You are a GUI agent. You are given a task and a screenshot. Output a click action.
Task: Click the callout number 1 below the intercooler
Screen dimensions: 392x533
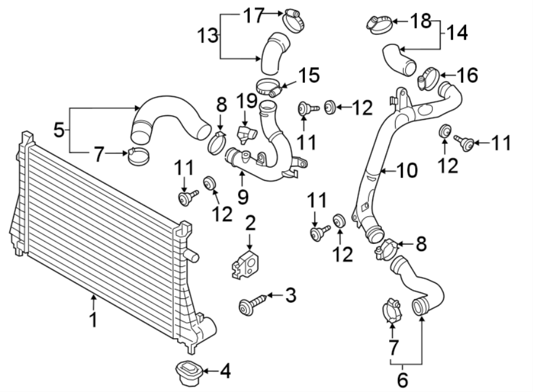[92, 320]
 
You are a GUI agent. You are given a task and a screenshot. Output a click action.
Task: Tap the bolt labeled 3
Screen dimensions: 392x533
[248, 304]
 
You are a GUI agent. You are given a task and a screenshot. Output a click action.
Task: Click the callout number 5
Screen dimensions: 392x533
[59, 129]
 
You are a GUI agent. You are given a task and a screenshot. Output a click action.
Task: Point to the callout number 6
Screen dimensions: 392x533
[403, 380]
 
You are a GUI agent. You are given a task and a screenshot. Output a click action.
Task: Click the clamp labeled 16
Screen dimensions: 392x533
[428, 79]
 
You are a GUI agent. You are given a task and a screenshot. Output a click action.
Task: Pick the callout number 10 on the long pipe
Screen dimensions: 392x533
[407, 171]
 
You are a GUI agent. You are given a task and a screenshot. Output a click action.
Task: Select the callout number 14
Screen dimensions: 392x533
[456, 33]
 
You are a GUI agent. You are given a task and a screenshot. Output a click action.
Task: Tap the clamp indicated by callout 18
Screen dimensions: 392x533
[377, 24]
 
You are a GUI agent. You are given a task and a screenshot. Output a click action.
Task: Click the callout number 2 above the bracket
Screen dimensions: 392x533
[250, 224]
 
